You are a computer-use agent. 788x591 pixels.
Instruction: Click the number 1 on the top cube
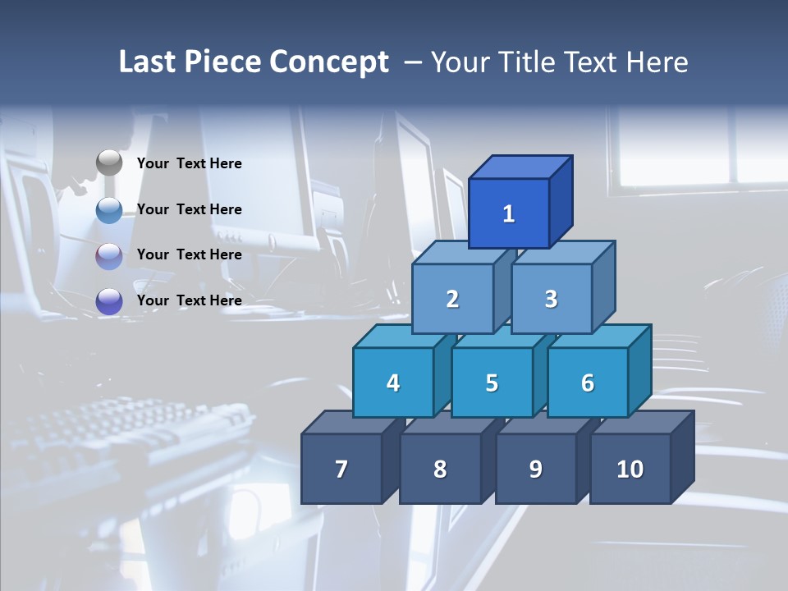pos(508,214)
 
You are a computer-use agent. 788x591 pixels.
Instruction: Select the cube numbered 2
pos(452,300)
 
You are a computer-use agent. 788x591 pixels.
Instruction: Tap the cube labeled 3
pos(551,300)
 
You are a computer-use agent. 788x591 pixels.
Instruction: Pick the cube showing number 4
pos(393,383)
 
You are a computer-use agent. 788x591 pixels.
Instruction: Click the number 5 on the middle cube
pos(492,383)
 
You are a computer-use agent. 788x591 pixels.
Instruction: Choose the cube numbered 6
pos(587,383)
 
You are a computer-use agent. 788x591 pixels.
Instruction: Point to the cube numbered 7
pos(341,470)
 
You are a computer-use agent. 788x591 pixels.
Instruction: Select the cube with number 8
pos(440,470)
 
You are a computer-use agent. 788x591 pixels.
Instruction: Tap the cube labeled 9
pos(535,470)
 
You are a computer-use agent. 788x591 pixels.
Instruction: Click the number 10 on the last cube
pos(630,470)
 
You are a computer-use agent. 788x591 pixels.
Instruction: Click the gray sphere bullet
pos(109,163)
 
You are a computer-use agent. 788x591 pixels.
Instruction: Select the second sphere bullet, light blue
pos(109,209)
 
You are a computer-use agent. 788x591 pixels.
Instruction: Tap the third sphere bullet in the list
pos(109,255)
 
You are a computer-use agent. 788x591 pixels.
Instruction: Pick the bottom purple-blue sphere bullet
pos(109,300)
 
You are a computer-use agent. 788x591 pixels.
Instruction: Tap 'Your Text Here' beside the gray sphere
pos(190,163)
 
